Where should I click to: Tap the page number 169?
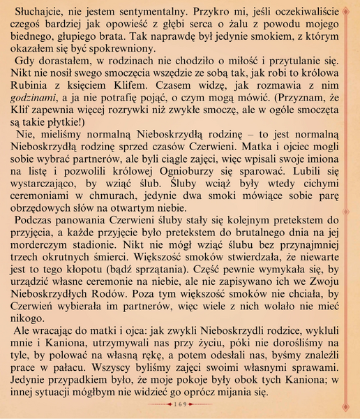pos(179,404)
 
